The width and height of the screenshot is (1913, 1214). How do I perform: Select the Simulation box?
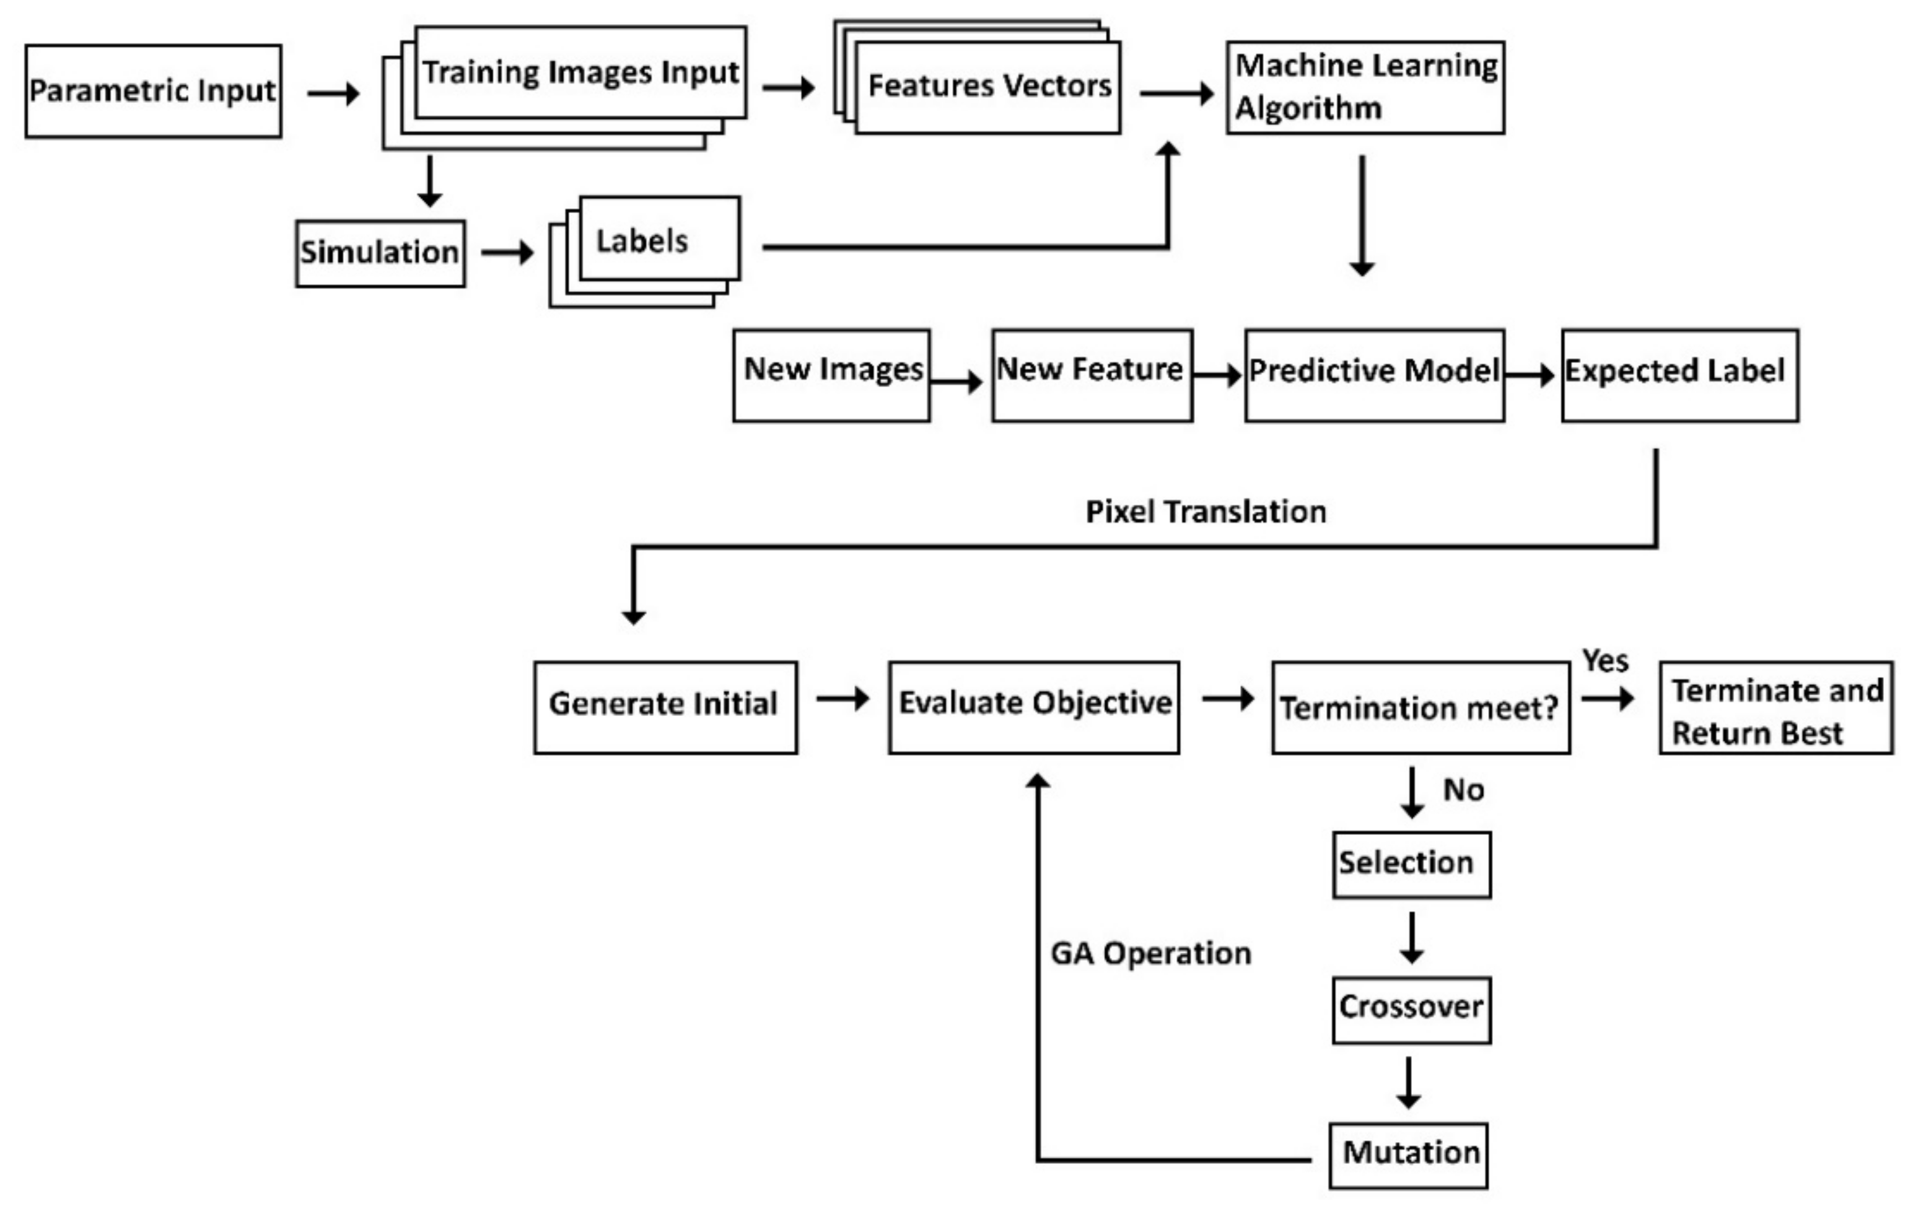point(380,253)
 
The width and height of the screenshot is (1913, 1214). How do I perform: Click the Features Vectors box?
point(987,87)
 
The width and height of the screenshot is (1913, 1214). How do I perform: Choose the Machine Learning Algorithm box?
point(1365,87)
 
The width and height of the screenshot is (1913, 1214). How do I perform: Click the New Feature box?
point(1092,375)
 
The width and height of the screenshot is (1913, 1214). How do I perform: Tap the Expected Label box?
point(1679,375)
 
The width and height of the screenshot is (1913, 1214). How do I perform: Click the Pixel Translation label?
point(1205,512)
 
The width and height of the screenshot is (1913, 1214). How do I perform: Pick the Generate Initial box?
point(665,707)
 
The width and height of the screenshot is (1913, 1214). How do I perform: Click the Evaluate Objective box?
point(1033,707)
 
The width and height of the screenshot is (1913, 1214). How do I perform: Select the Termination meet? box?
point(1421,707)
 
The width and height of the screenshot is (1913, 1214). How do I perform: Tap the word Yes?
point(1604,661)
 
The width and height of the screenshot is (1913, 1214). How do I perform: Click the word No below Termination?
point(1463,790)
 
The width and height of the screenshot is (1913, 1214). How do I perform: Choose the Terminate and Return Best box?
point(1776,707)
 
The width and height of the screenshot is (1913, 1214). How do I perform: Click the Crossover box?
point(1411,1009)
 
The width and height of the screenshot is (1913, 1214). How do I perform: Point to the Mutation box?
point(1407,1155)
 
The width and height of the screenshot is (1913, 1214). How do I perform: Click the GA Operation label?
point(1150,953)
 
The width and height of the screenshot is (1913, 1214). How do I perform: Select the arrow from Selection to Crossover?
point(1411,938)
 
